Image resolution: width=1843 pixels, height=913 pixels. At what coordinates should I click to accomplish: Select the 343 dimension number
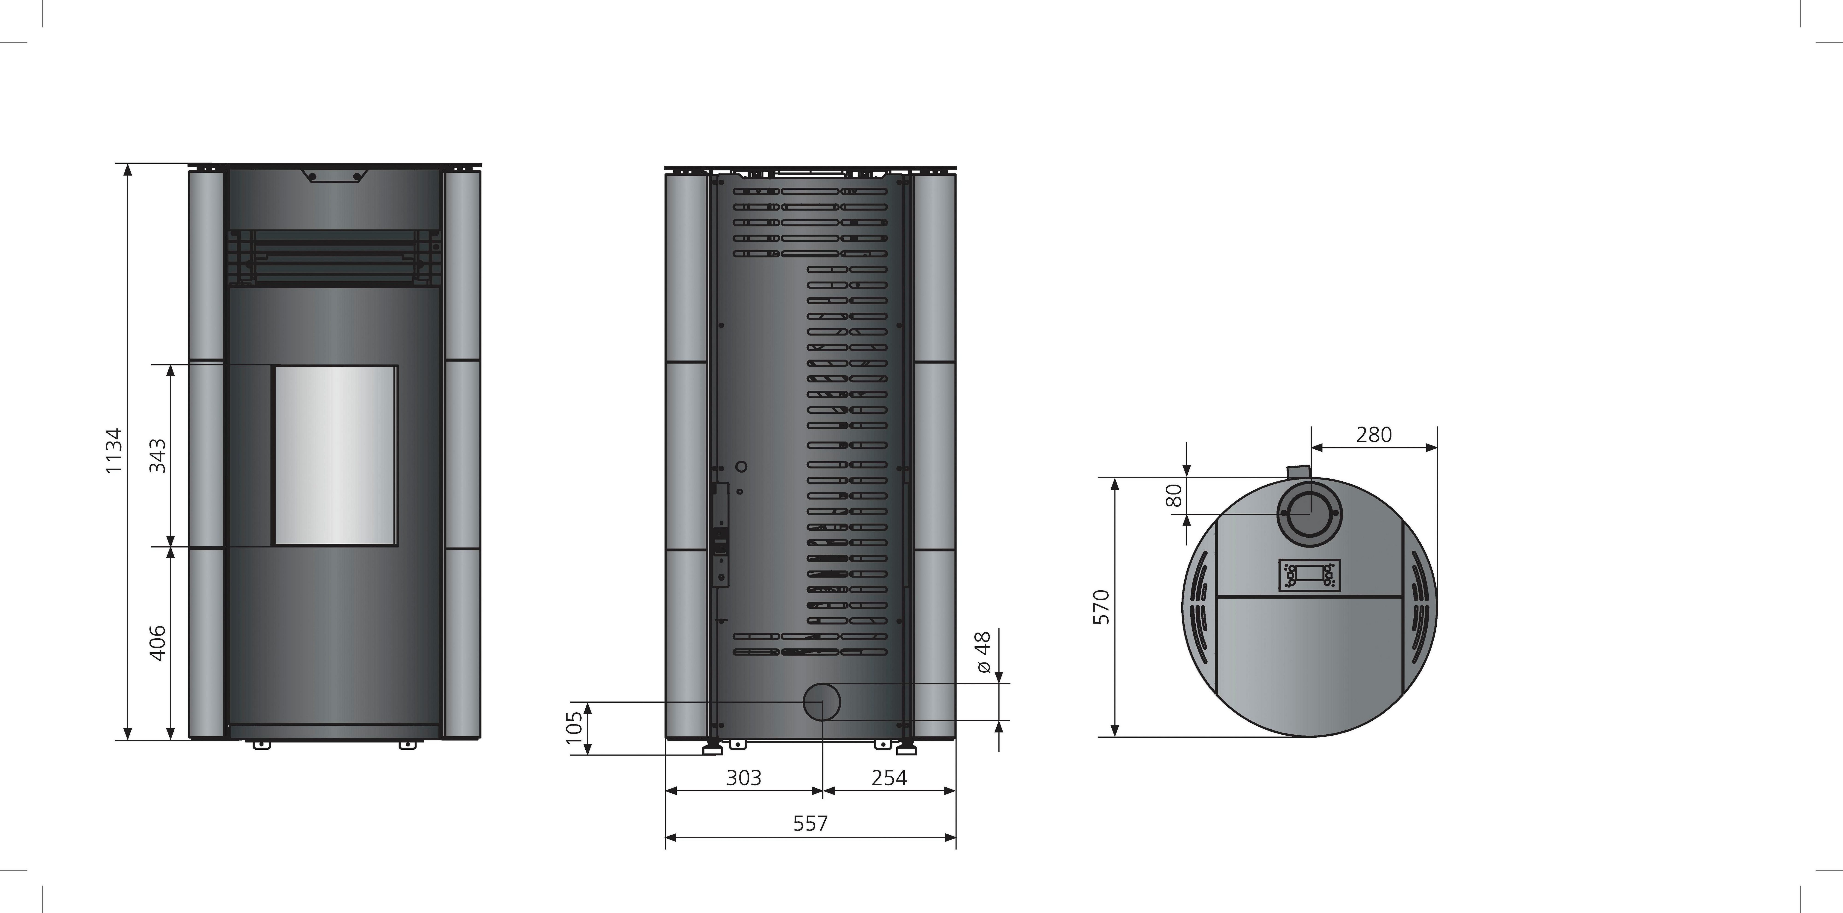point(157,456)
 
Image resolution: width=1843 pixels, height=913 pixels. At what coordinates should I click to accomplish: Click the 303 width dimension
point(744,778)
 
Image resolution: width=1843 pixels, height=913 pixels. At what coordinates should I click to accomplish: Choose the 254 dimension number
point(889,778)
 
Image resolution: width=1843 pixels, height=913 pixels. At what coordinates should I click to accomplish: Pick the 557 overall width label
point(811,824)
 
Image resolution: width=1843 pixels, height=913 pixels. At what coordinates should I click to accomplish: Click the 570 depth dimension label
point(1102,607)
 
